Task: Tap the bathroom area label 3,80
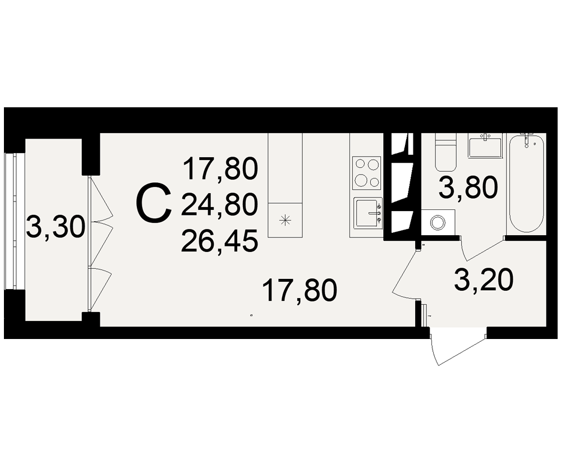468,187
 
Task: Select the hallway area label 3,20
484,281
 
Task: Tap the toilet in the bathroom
445,152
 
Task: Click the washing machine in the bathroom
438,222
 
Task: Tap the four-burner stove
367,173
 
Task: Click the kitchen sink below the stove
368,213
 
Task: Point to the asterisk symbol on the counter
285,220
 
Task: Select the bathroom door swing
482,248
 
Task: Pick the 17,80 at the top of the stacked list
220,169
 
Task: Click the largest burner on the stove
360,179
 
